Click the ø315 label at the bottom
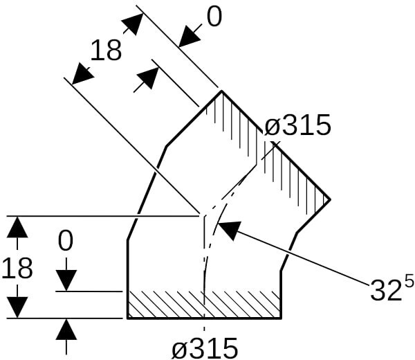205,347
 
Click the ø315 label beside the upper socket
298,126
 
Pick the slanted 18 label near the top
106,51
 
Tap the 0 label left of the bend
66,242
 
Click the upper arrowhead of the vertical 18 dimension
17,226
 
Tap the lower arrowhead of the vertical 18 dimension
17,307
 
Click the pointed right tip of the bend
329,199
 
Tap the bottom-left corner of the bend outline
128,318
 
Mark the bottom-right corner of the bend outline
281,318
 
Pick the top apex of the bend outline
221,91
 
